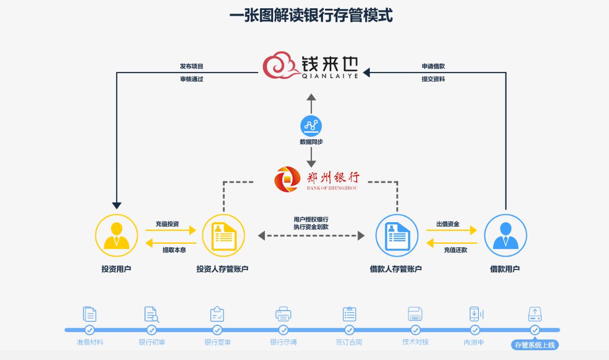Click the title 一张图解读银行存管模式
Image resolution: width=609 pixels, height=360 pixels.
click(x=311, y=15)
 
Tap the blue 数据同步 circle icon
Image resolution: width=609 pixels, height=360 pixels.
click(x=311, y=125)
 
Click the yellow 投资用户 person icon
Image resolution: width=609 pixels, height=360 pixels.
click(x=116, y=236)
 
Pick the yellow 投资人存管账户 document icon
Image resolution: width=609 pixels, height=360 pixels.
click(x=224, y=236)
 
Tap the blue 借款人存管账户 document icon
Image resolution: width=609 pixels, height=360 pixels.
click(x=397, y=236)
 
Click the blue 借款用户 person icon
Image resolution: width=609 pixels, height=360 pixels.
click(x=506, y=236)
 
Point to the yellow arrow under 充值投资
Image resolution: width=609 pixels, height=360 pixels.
click(x=171, y=230)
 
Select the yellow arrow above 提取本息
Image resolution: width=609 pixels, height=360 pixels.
click(x=171, y=243)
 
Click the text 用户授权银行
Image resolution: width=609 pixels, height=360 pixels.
click(x=311, y=220)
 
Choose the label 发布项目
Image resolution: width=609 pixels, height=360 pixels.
click(x=191, y=66)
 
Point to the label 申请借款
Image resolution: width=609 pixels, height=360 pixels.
click(x=433, y=66)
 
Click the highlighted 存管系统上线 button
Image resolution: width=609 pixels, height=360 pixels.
click(x=535, y=345)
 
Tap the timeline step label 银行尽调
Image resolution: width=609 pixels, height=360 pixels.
click(x=283, y=342)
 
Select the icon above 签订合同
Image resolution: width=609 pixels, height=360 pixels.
click(x=349, y=314)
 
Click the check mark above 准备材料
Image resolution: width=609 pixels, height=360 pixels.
click(x=89, y=330)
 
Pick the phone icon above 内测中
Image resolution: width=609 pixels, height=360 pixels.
click(x=474, y=314)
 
